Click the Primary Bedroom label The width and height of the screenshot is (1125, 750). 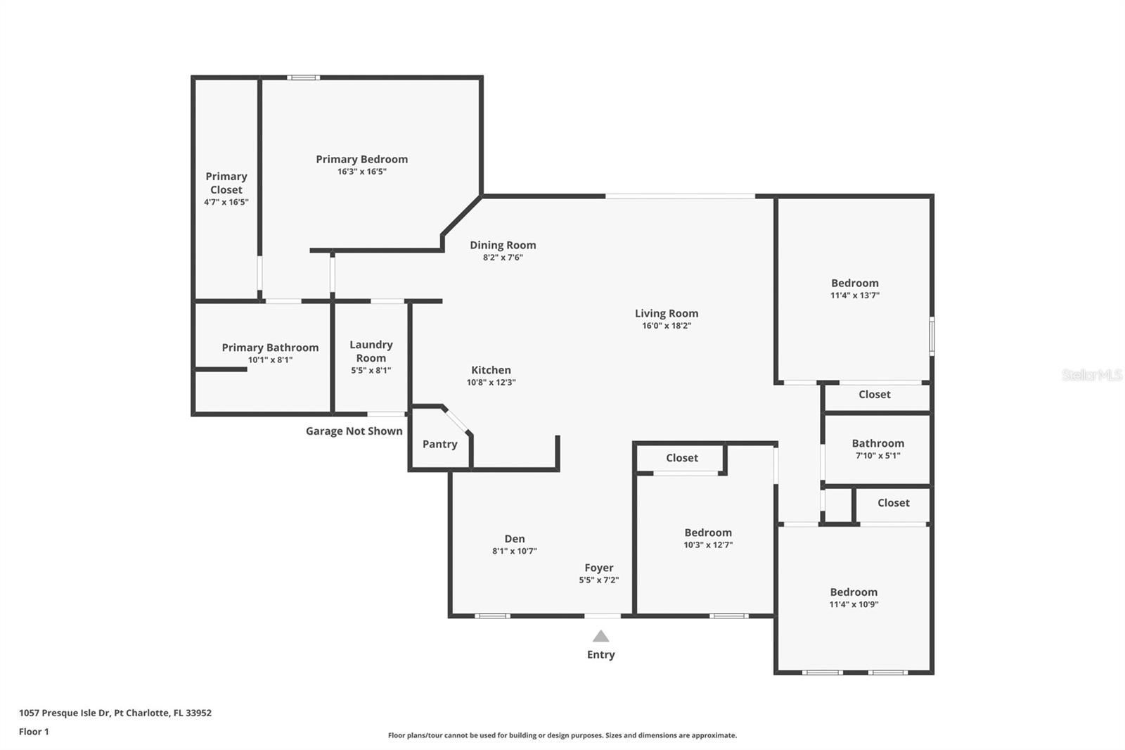coord(361,159)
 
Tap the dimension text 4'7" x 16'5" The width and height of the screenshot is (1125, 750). coord(226,202)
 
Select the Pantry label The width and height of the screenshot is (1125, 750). coord(439,444)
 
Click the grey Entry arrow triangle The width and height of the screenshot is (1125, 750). coord(600,637)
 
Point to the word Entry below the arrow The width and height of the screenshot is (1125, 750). coord(600,654)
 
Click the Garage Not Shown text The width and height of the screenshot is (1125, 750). coord(354,431)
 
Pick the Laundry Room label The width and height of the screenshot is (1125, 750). coord(371,351)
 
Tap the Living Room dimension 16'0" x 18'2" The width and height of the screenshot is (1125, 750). coord(666,326)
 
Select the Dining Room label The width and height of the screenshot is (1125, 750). coord(503,245)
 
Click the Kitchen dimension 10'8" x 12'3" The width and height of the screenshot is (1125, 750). coord(491,383)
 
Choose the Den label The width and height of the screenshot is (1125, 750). coord(514,538)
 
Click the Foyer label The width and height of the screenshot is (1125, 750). coord(598,567)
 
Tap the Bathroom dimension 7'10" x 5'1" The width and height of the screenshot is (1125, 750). coord(877,456)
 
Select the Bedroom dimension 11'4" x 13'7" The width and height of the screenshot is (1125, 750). coord(854,295)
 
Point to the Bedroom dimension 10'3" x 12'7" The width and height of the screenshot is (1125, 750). coord(708,545)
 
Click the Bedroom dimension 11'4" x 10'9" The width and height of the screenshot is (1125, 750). coord(854,604)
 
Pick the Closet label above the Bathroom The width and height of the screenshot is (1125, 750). coord(874,395)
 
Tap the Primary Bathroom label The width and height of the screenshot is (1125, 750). coord(270,347)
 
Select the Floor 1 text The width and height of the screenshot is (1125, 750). coord(34,732)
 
